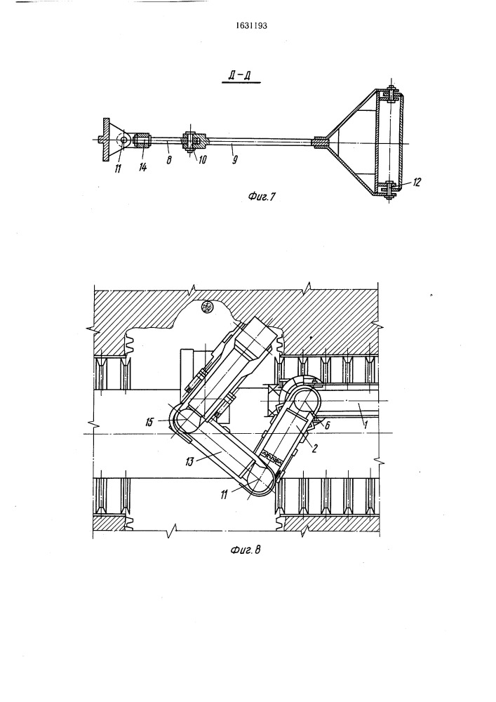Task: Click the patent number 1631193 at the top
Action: (x=251, y=25)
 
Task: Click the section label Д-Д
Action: (x=241, y=76)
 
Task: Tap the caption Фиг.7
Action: (x=260, y=196)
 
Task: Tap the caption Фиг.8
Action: (x=246, y=550)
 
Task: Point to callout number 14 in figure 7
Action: (x=142, y=168)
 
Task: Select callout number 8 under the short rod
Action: (x=169, y=159)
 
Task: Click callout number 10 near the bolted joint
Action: (x=202, y=159)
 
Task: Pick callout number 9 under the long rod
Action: (x=234, y=159)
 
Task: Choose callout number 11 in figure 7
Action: (x=119, y=168)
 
